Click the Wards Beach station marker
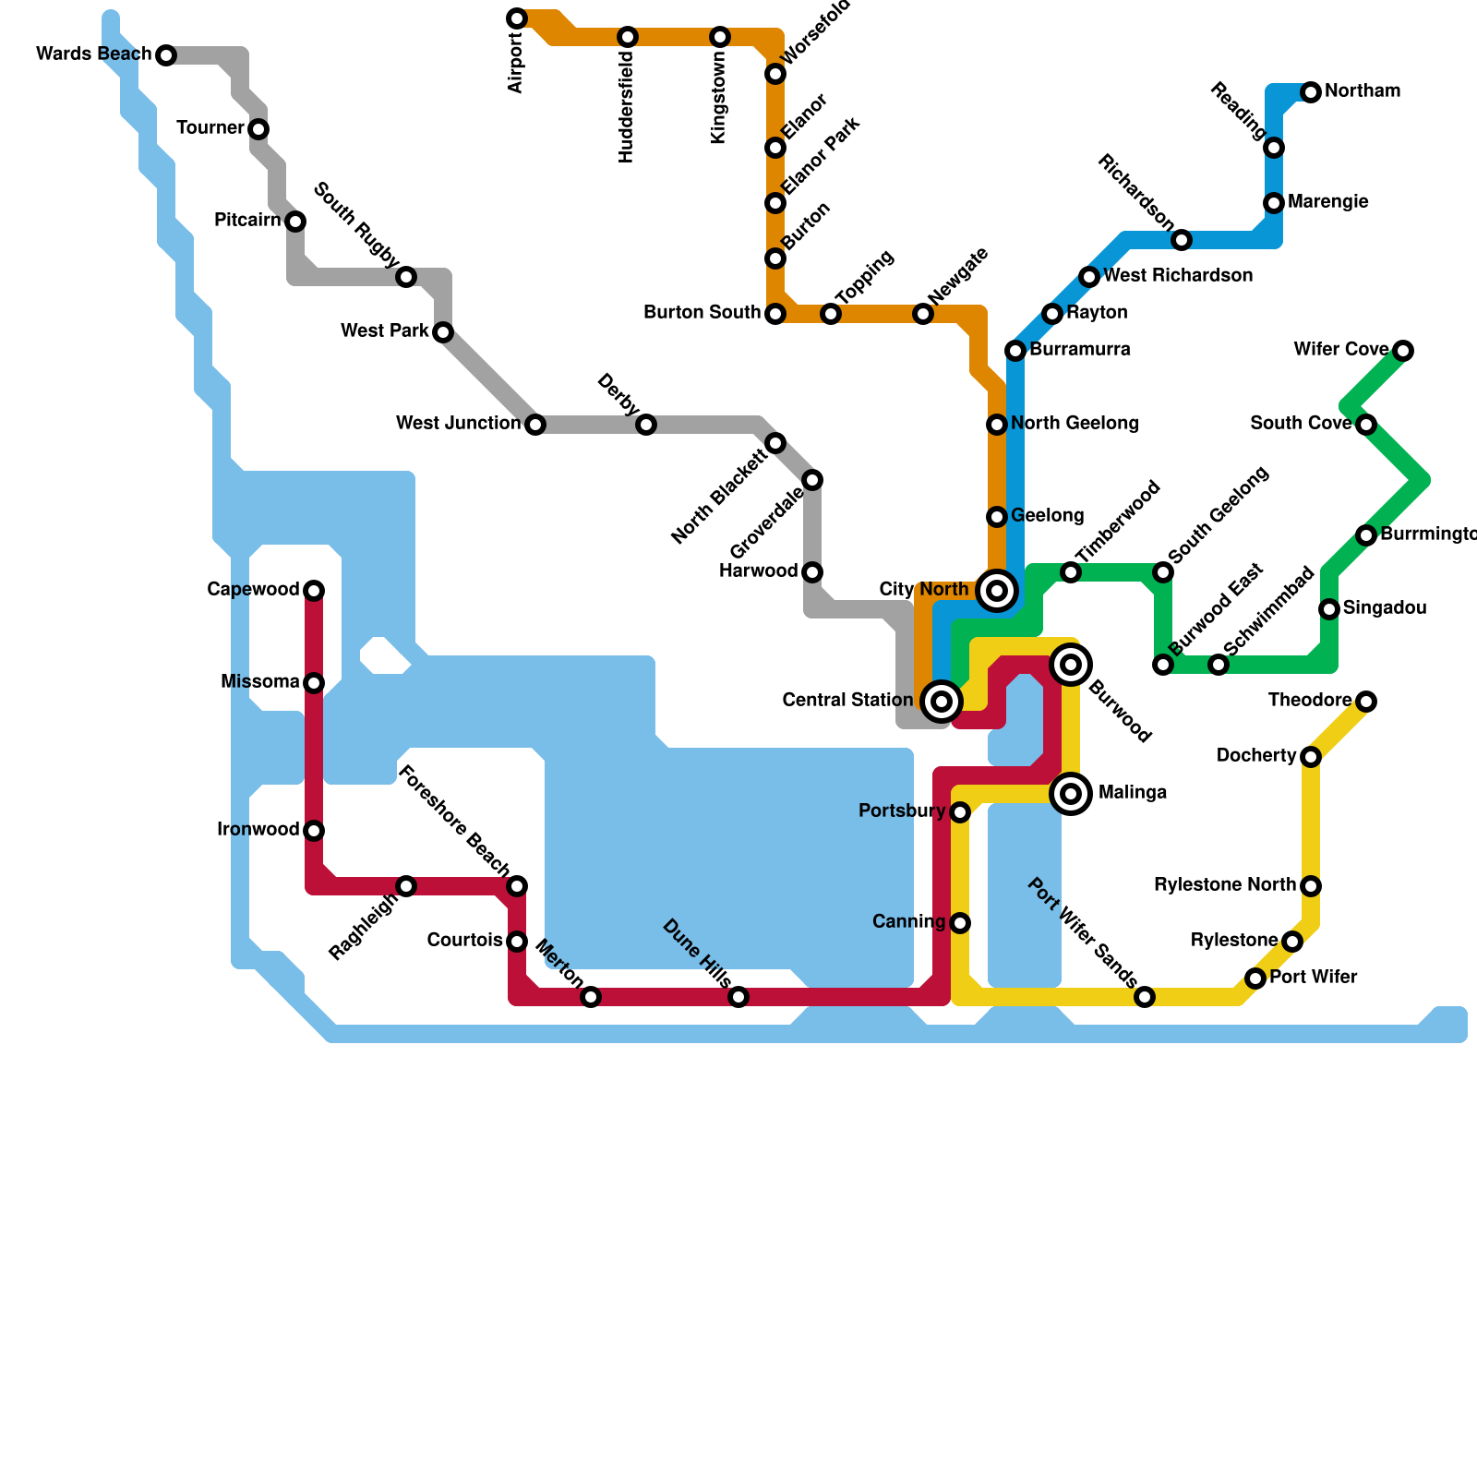[166, 55]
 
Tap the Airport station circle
[517, 18]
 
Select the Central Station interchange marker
[941, 702]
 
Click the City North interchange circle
[996, 591]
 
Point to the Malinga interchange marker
[1071, 793]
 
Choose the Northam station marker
[1311, 92]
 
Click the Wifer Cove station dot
[1403, 351]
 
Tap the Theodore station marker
[1366, 702]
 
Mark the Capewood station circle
[314, 591]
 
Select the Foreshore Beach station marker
[517, 886]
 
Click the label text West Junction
[458, 424]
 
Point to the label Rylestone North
[1224, 885]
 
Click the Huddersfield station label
[628, 109]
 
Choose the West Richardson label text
[1177, 276]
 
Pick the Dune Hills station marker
[738, 997]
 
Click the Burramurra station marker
[1015, 351]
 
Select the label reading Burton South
[702, 313]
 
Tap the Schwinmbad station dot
[1219, 665]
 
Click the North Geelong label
[1074, 424]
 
